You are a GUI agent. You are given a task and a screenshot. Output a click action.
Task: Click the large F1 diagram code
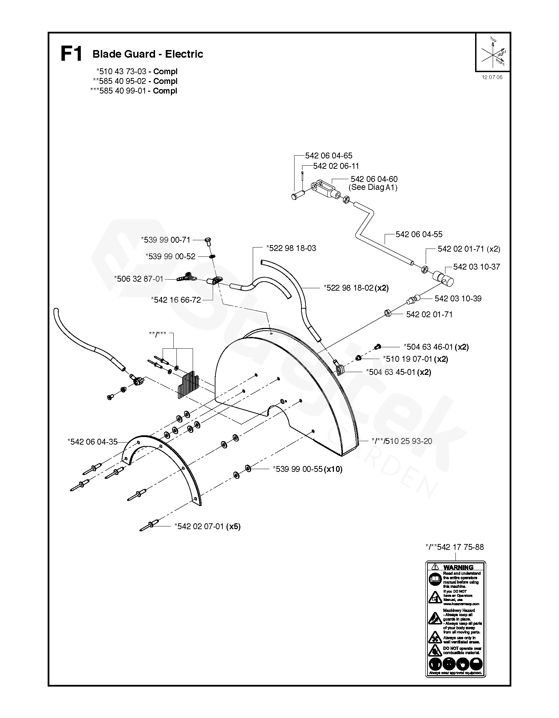[x=71, y=54]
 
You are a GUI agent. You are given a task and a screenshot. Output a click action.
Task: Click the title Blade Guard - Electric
[x=148, y=54]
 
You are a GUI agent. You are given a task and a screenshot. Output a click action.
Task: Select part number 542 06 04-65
[x=329, y=156]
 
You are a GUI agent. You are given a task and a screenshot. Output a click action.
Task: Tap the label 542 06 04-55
[x=419, y=234]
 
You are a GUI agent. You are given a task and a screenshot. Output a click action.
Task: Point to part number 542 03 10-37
[x=476, y=267]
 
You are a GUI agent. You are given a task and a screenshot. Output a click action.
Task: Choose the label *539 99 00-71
[x=165, y=240]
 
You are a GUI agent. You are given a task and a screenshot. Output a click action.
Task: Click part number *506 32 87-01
[x=138, y=279]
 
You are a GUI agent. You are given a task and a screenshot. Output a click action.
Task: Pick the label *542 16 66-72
[x=176, y=300]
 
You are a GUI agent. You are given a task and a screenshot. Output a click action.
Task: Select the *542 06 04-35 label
[x=93, y=442]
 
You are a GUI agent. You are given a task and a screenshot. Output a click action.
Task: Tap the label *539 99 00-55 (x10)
[x=308, y=469]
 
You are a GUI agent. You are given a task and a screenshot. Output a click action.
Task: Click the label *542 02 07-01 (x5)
[x=207, y=526]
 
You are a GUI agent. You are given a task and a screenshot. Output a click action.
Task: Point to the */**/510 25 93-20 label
[x=402, y=441]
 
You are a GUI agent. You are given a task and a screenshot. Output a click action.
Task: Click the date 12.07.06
[x=492, y=77]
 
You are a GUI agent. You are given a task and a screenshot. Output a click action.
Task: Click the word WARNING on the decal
[x=458, y=567]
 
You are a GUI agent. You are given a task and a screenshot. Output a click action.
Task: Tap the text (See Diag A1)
[x=373, y=187]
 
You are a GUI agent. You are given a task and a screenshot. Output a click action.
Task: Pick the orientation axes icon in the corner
[x=493, y=52]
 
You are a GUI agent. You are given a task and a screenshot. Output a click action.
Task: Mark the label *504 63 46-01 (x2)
[x=436, y=347]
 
